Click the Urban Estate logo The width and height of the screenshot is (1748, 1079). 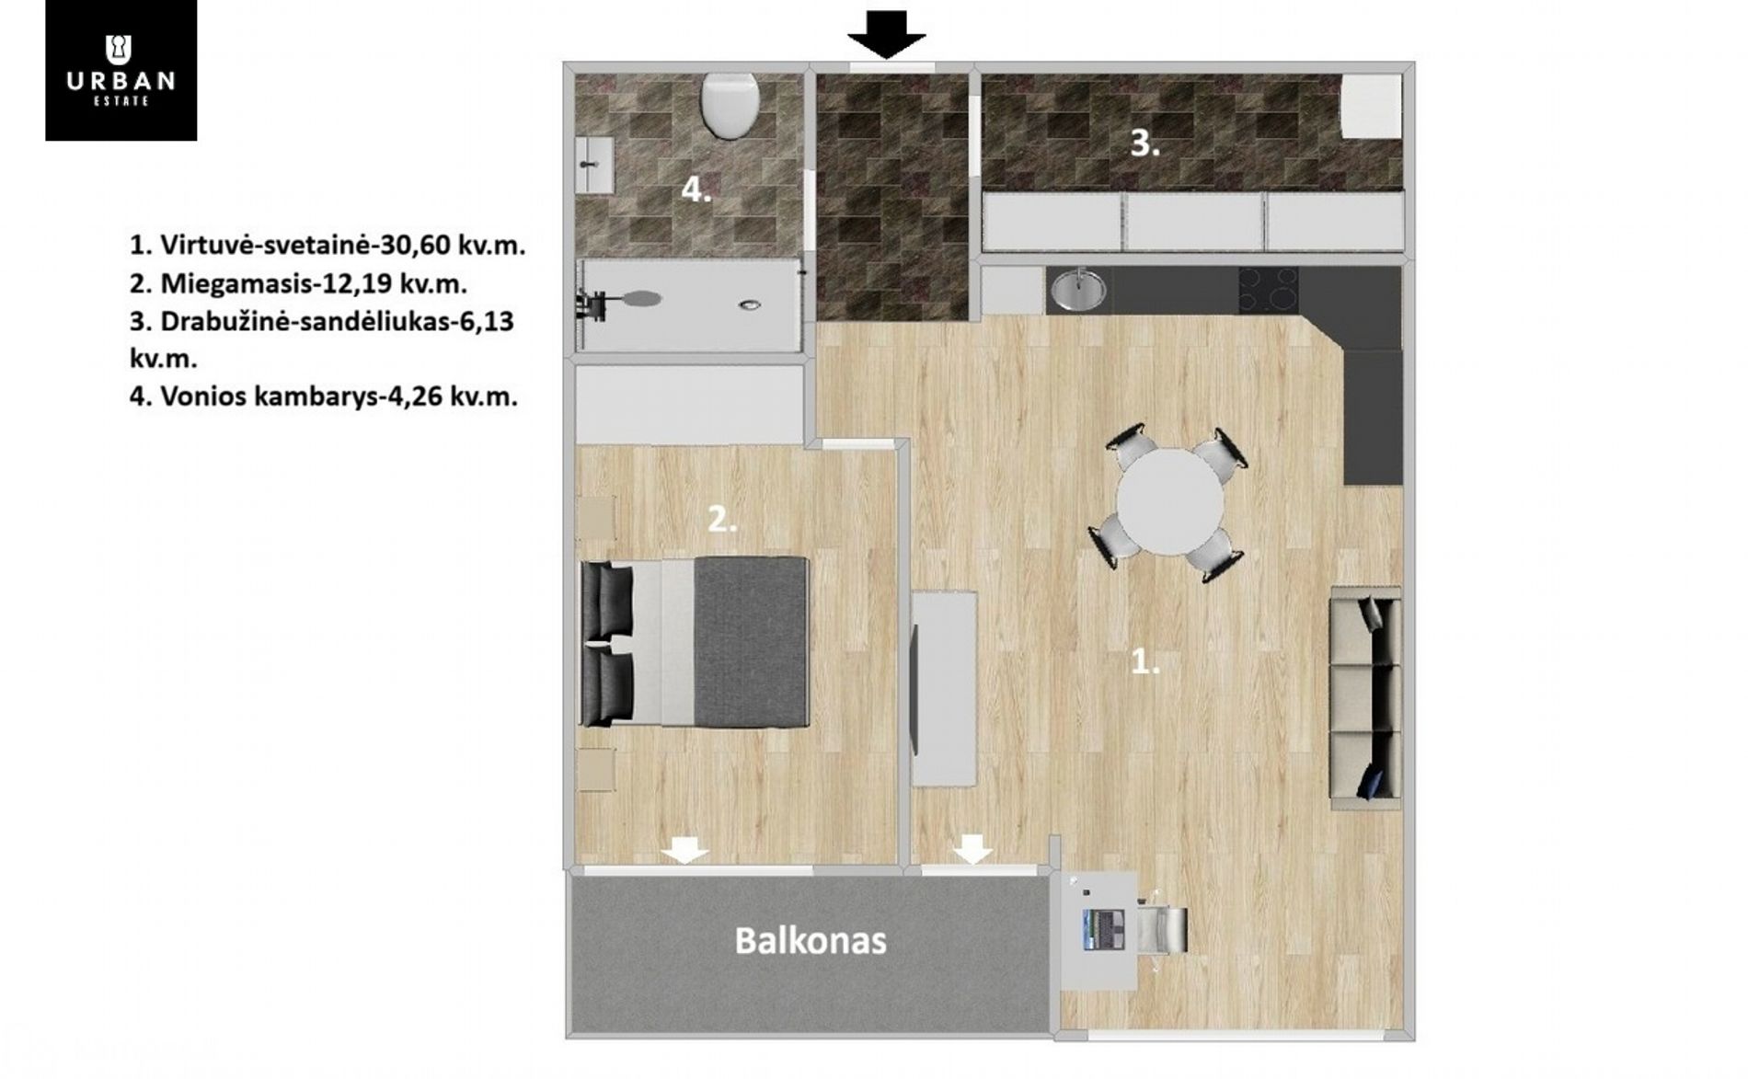click(x=121, y=70)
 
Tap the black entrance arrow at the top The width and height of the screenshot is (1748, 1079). click(x=886, y=35)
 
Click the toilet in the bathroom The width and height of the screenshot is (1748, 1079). click(x=730, y=106)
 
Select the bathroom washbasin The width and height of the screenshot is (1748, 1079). click(x=596, y=166)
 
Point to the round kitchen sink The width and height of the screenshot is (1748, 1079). click(x=1078, y=289)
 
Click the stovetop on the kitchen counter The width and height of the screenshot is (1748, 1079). click(x=1269, y=290)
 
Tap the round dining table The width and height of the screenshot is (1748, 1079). click(x=1169, y=501)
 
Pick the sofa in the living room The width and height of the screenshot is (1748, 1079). click(x=1365, y=699)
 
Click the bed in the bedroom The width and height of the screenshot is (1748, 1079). click(x=695, y=642)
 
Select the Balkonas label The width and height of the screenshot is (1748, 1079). click(x=811, y=941)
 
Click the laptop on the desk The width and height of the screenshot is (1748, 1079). click(x=1104, y=930)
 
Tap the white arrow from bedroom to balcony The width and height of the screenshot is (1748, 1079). click(x=685, y=849)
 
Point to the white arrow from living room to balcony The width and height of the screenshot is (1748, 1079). click(x=972, y=849)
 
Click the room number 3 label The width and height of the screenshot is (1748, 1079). click(x=1144, y=143)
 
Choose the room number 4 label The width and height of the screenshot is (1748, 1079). click(x=696, y=189)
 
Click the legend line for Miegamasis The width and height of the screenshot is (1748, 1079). click(x=298, y=283)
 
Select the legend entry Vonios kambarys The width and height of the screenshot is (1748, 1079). click(x=324, y=396)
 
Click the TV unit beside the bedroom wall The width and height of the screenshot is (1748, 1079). click(x=944, y=689)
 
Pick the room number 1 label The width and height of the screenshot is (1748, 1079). click(x=1144, y=660)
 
